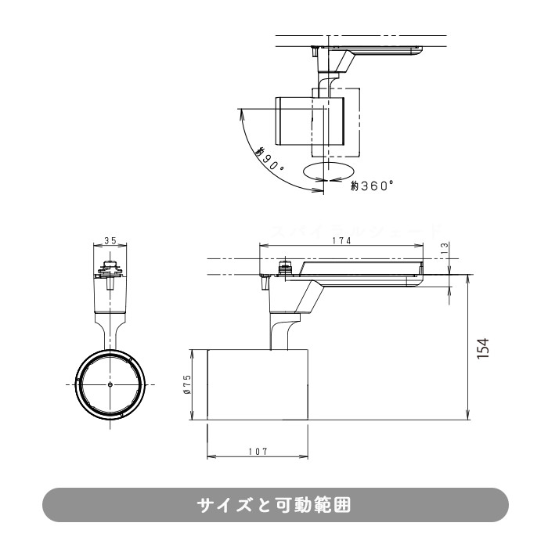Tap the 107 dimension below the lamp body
(257, 451)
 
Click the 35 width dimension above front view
(110, 241)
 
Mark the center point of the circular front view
(110, 385)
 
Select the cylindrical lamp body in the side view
(257, 384)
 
